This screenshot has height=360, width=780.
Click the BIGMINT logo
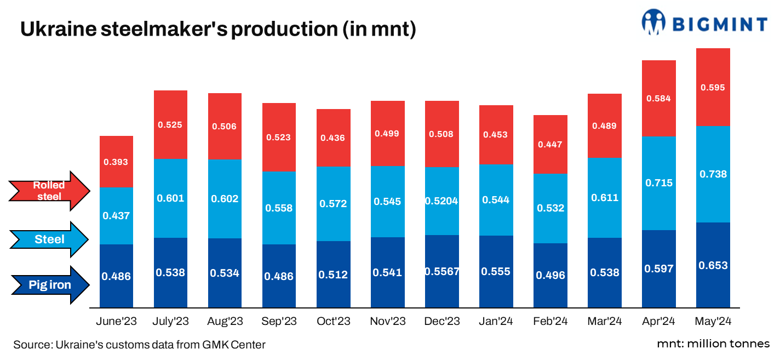(704, 24)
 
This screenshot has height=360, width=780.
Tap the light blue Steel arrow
(49, 239)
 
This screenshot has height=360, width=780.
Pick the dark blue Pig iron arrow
(49, 285)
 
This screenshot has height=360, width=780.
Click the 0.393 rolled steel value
(116, 162)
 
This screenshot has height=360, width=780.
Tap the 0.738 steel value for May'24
(713, 174)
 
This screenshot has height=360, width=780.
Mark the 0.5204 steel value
(441, 201)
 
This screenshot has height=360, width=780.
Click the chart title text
(218, 30)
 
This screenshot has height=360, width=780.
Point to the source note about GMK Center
(140, 345)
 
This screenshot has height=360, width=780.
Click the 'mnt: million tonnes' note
(713, 344)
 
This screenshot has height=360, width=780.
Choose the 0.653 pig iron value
(713, 265)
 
